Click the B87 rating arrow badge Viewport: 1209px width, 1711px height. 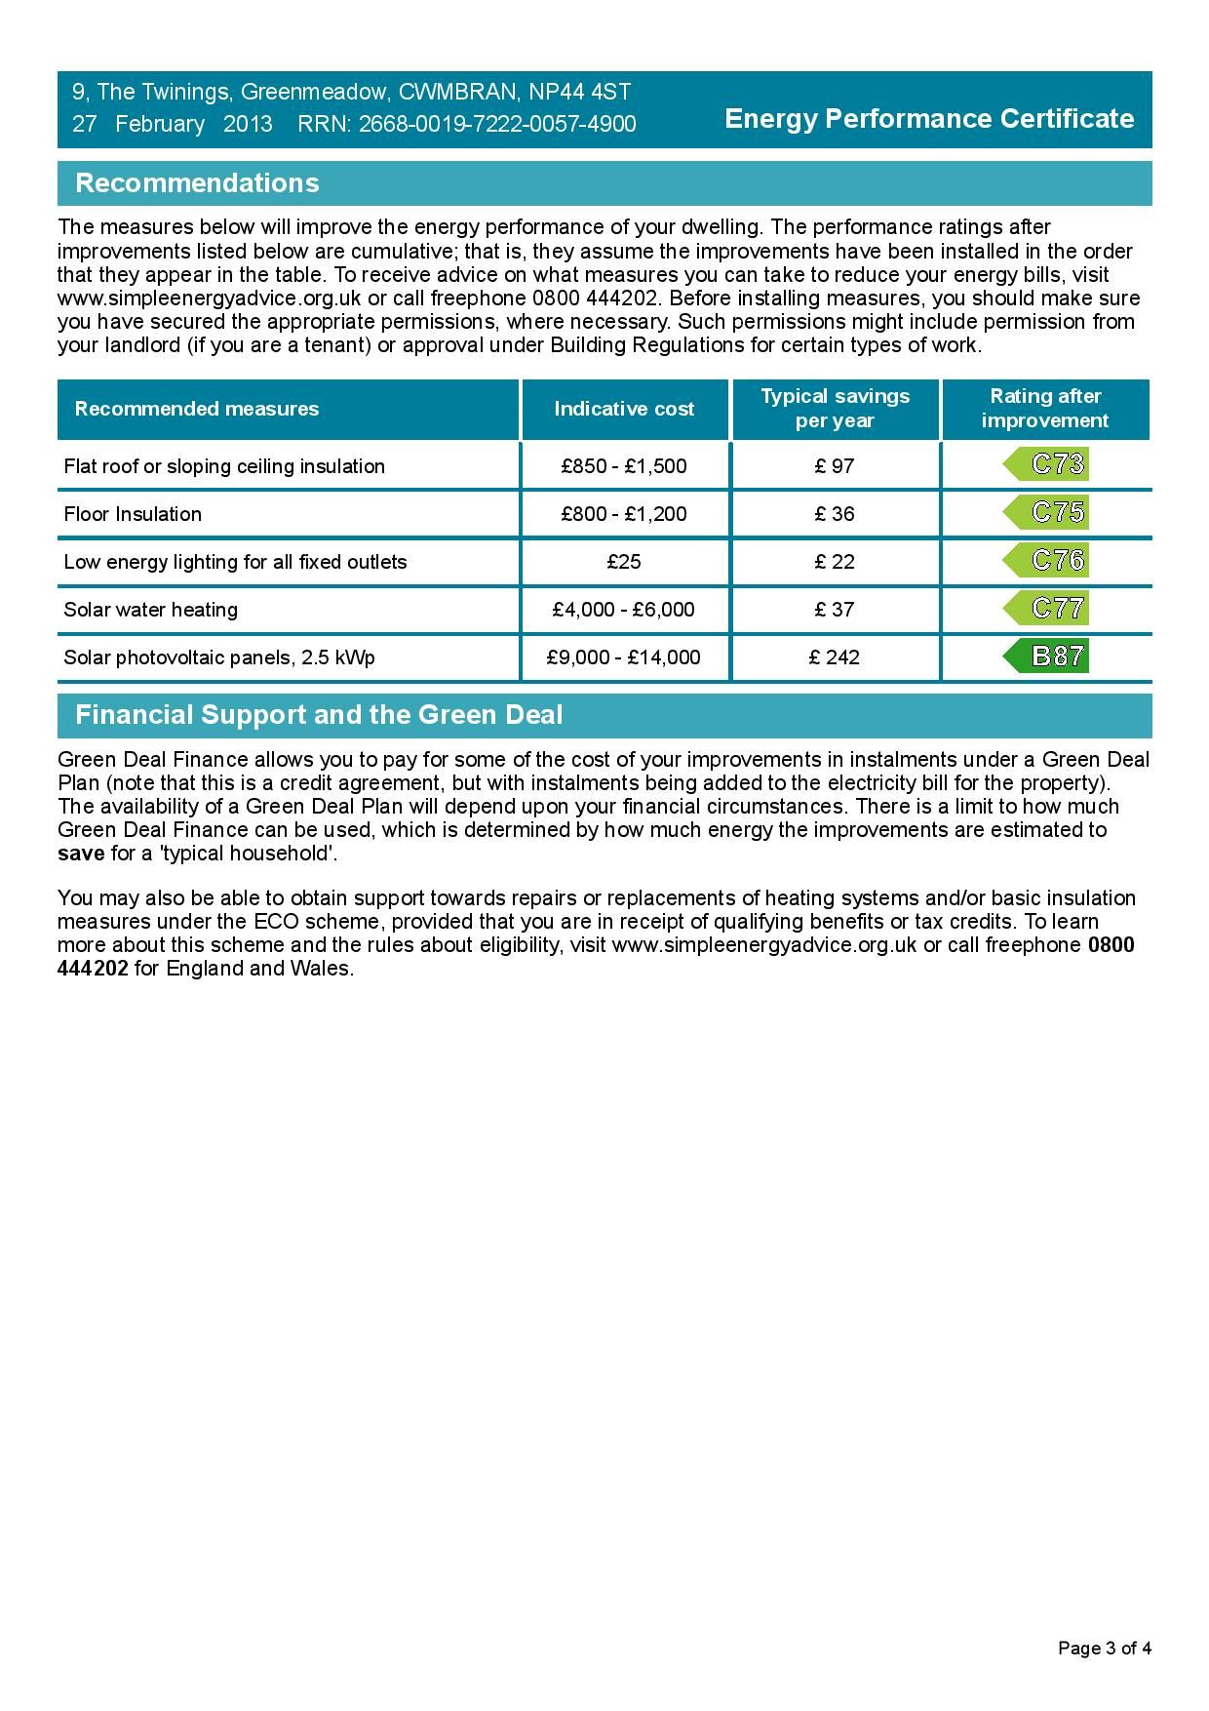coord(1046,657)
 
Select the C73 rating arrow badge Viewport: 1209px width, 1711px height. coord(1046,464)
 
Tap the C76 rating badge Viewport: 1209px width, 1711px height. coord(1046,560)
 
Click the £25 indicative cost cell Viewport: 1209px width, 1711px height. coord(624,562)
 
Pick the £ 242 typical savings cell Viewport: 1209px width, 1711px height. coord(835,657)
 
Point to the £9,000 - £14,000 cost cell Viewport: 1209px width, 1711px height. coord(624,657)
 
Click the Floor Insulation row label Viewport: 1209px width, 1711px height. coord(133,514)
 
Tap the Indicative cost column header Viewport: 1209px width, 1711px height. coord(624,409)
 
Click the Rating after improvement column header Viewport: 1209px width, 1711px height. coord(1045,409)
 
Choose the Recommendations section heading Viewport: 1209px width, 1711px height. coord(197,183)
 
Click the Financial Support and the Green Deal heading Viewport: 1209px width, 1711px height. coord(319,715)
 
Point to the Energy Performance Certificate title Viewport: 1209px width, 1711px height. coord(929,119)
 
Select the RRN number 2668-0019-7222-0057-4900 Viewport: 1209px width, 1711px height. coord(497,125)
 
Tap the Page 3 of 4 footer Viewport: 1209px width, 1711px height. coord(1105,1649)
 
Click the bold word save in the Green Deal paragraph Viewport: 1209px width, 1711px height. coord(81,854)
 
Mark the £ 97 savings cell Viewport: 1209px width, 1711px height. coord(835,466)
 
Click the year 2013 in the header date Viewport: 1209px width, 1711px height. coord(248,125)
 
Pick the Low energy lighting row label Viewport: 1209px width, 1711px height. coord(235,562)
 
